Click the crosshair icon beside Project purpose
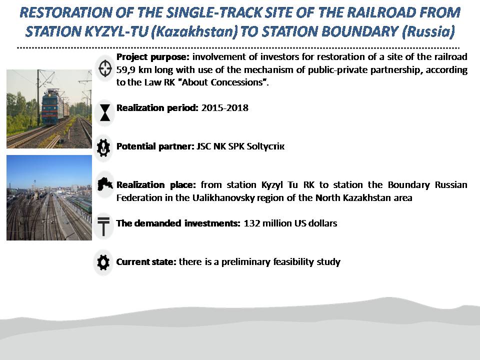point(104,68)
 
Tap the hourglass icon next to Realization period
point(104,112)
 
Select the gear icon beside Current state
point(103,262)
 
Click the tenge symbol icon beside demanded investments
point(103,226)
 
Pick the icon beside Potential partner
point(103,147)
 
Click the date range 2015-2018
point(224,108)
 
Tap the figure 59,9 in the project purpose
point(125,70)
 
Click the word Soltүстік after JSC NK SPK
point(265,146)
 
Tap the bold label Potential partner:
point(155,146)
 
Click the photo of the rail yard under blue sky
point(49,197)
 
